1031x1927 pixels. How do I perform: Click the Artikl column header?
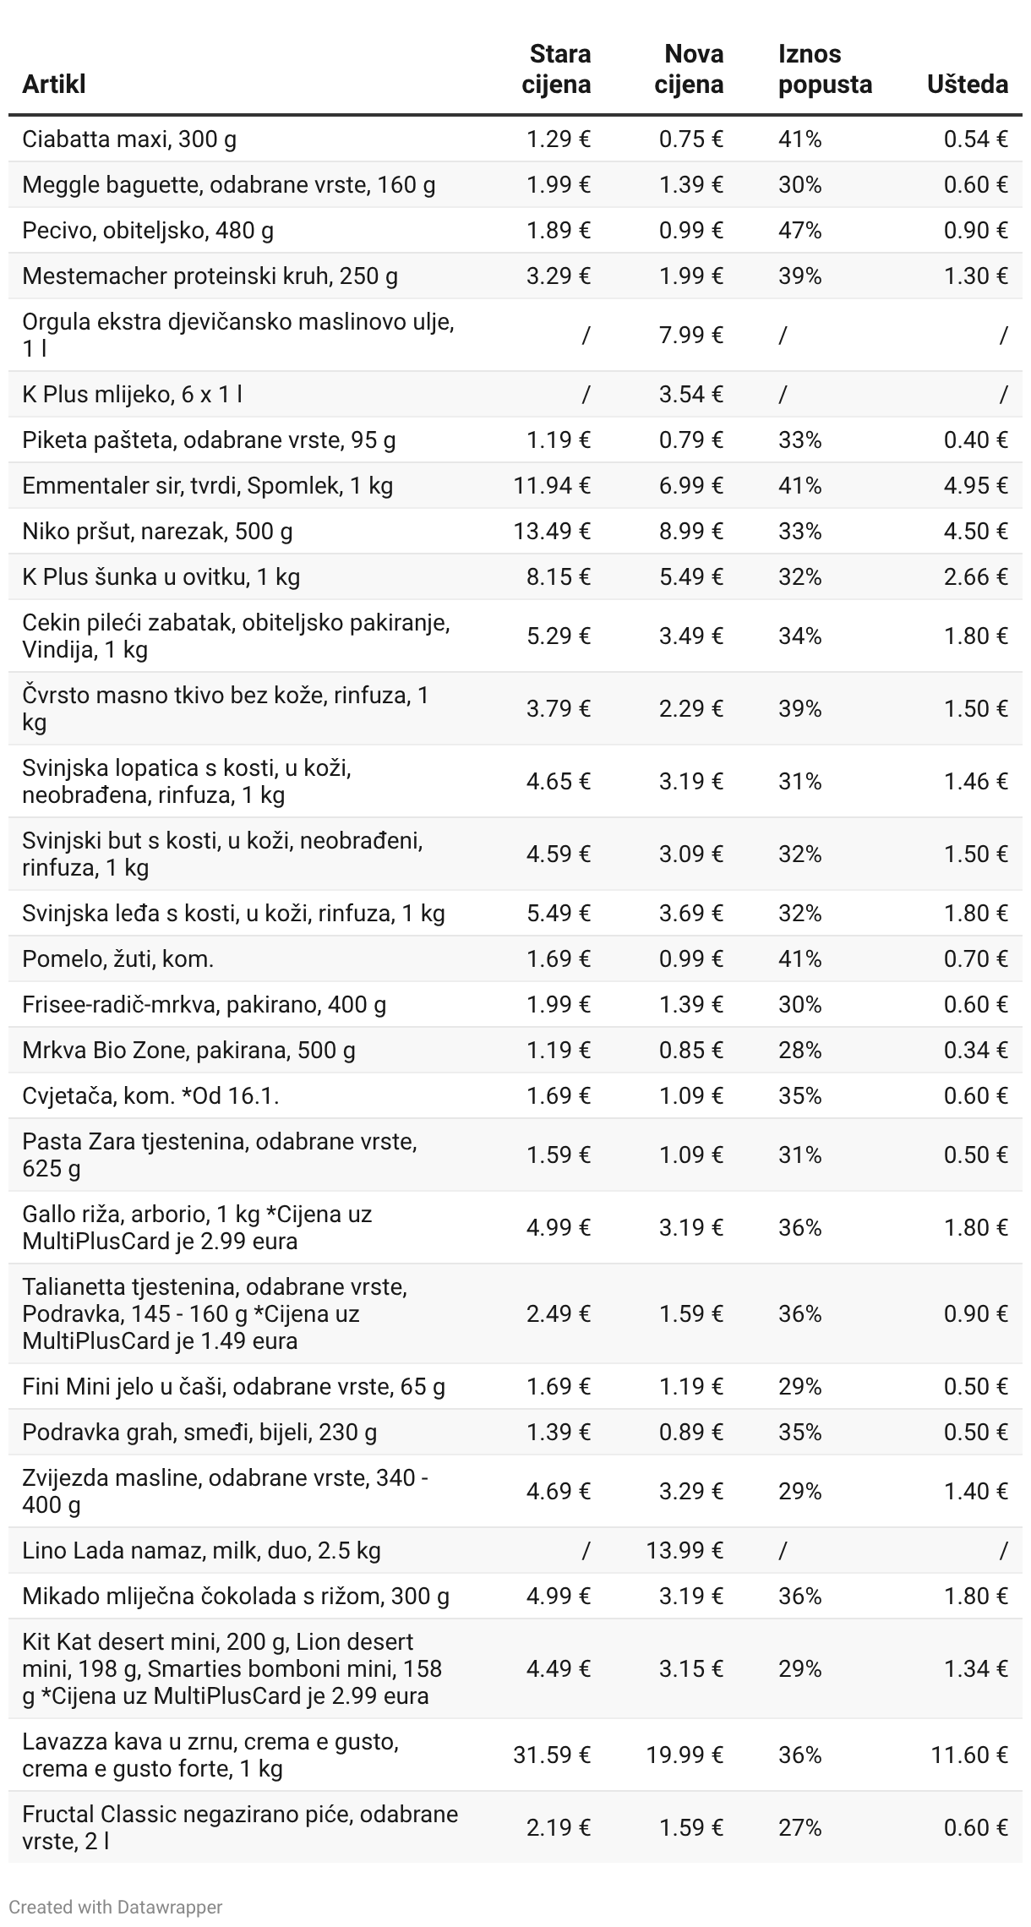(54, 85)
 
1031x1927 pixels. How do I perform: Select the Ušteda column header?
(967, 85)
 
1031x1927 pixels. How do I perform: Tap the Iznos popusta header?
(824, 69)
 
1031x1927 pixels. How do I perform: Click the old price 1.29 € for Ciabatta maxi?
(558, 139)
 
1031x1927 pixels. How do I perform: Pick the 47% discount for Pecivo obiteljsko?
(799, 230)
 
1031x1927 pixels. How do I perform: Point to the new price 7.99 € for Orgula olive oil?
(690, 336)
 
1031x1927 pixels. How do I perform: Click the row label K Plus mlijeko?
(132, 394)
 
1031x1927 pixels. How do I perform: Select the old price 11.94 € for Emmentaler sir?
(551, 485)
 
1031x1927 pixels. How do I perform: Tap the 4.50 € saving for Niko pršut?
(975, 531)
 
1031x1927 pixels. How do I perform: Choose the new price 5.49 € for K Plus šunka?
(690, 576)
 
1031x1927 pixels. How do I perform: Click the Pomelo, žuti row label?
(117, 958)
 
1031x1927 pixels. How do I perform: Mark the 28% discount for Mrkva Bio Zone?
(799, 1050)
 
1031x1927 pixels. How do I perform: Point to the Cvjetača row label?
(150, 1095)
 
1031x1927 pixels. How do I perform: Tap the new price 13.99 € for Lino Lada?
(685, 1550)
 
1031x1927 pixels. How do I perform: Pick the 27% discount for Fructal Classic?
(799, 1827)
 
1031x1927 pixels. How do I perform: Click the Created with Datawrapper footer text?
(116, 1907)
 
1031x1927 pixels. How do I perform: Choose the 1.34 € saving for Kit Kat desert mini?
(975, 1668)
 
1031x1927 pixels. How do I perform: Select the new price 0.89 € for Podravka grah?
(690, 1432)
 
